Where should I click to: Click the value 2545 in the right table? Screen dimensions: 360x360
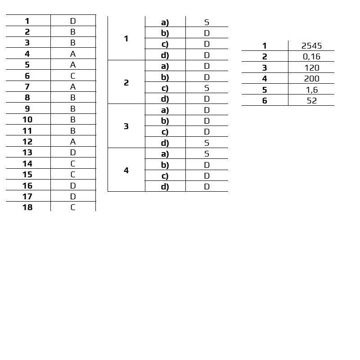click(311, 46)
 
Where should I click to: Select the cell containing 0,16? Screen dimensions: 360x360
click(311, 57)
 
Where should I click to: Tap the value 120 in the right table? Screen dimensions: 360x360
click(311, 68)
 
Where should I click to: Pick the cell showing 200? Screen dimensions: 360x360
click(311, 79)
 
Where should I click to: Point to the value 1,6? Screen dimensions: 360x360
click(311, 90)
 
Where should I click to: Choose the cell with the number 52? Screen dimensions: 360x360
click(311, 101)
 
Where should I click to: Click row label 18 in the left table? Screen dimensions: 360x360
click(27, 207)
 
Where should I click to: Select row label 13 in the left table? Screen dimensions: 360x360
click(27, 153)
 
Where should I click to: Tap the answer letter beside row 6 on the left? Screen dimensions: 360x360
click(73, 76)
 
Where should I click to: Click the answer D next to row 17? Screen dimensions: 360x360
click(73, 197)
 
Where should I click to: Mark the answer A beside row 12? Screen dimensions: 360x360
click(73, 142)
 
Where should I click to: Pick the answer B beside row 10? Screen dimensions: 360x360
click(73, 120)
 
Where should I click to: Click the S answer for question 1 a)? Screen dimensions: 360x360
click(207, 22)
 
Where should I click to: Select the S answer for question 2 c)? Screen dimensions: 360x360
click(207, 88)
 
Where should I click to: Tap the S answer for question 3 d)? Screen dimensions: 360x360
click(207, 143)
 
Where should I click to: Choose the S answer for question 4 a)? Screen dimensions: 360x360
click(207, 154)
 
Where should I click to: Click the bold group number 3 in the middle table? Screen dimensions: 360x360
click(126, 126)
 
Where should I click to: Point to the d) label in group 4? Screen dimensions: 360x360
click(165, 187)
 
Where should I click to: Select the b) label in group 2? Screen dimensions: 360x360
click(165, 77)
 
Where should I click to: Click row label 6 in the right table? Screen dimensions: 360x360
click(265, 101)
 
